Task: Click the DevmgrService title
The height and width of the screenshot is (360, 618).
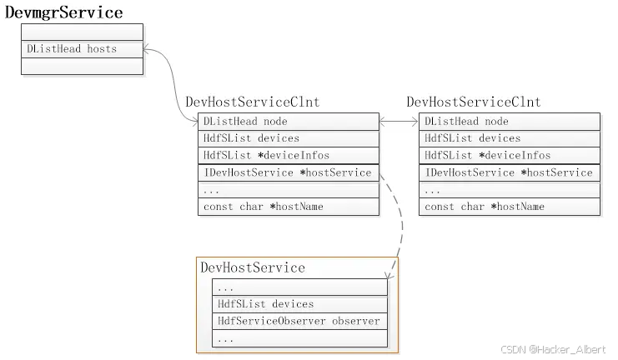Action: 64,12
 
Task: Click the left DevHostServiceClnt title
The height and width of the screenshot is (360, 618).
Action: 252,102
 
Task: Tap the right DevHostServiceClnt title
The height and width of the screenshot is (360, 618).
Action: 474,102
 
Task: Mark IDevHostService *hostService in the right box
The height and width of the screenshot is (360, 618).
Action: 510,172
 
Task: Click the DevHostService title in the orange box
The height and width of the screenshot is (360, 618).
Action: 253,267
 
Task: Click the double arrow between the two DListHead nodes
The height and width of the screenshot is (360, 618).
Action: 399,122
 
